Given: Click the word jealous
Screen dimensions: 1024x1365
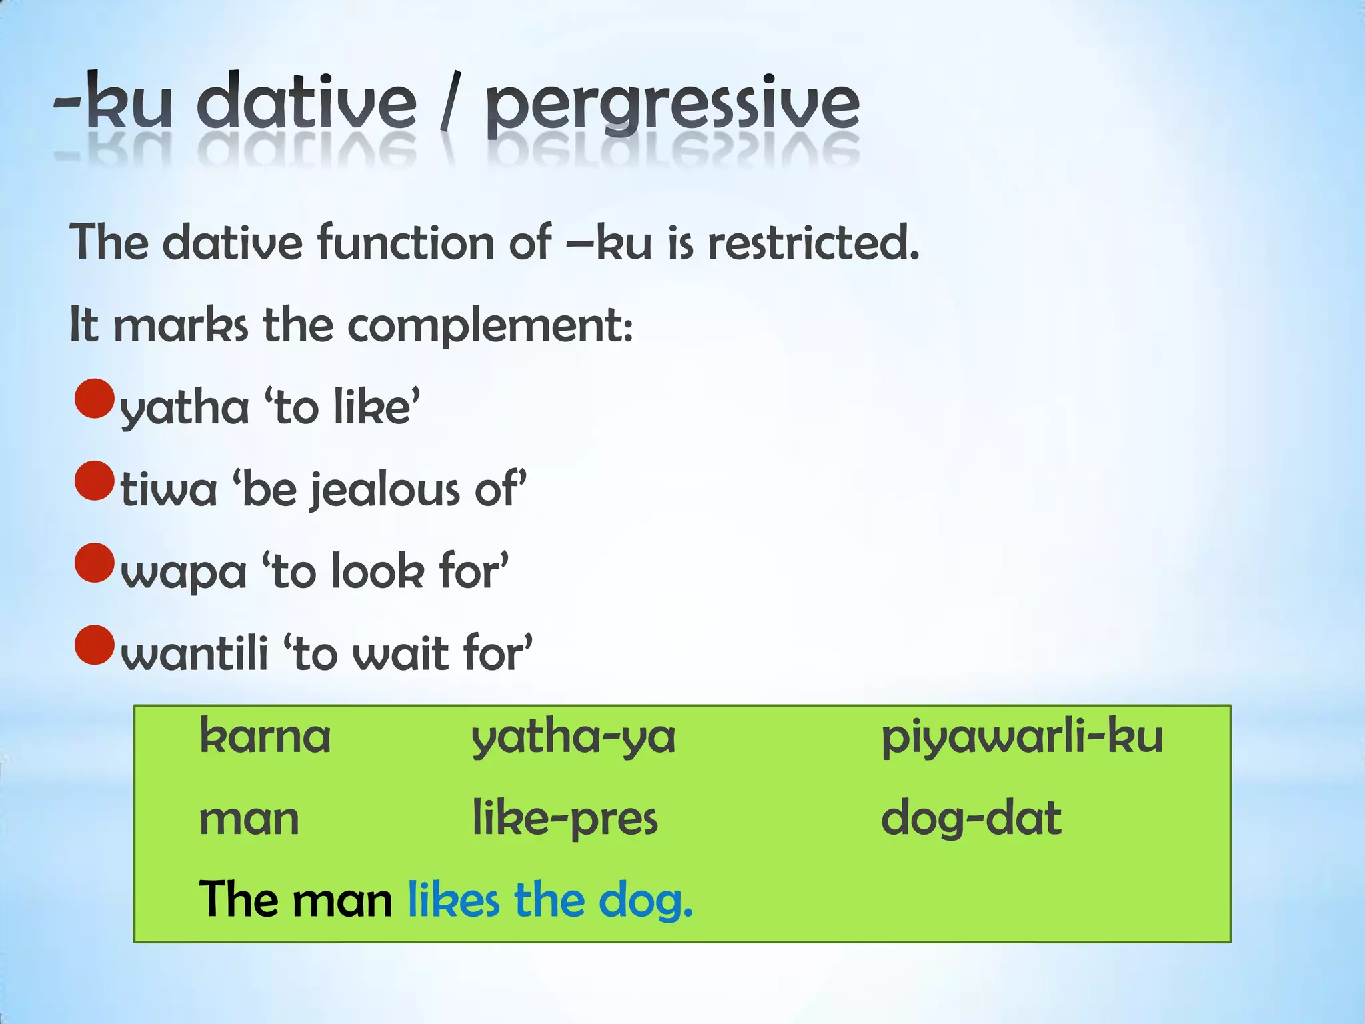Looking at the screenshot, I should click(386, 491).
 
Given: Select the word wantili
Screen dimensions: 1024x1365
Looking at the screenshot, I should click(195, 654).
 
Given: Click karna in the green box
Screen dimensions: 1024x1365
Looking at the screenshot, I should click(265, 737).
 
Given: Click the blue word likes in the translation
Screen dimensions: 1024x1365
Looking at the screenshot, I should click(453, 900).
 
